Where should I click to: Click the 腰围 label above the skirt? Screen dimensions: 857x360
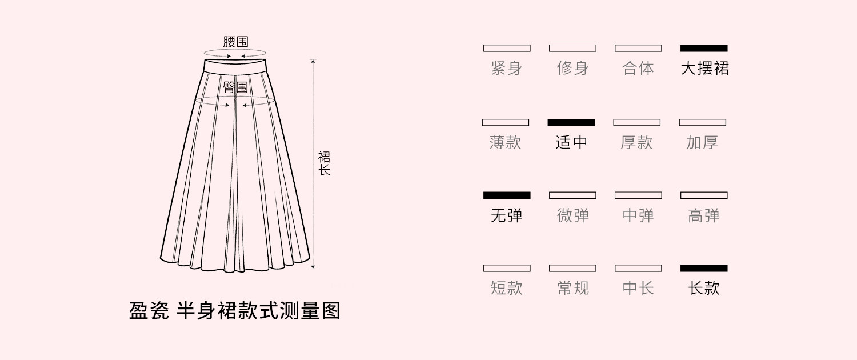pos(235,42)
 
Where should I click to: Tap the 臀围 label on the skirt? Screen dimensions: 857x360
pos(235,87)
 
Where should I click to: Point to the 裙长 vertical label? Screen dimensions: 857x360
pos(324,163)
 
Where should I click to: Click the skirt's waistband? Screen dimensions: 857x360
pos(235,66)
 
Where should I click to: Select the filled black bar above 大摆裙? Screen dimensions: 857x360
pos(704,48)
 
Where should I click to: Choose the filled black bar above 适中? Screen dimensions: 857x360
pos(571,122)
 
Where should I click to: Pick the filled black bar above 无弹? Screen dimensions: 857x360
pos(507,195)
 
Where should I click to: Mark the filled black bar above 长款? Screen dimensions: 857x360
pos(704,268)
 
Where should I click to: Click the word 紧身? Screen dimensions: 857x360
pos(507,68)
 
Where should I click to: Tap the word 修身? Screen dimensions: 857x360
pos(572,68)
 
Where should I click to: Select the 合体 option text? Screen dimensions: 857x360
pos(638,68)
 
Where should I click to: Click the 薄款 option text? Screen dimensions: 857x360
pos(506,142)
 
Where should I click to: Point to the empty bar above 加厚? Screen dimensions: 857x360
pos(702,122)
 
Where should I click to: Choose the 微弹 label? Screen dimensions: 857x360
pos(572,215)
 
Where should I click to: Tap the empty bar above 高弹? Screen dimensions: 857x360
pos(704,195)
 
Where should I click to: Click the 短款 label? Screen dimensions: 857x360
pos(507,288)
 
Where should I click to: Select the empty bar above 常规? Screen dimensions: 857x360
pos(572,268)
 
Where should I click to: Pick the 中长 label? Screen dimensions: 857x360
pos(638,288)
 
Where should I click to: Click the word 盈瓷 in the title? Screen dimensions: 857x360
pos(149,310)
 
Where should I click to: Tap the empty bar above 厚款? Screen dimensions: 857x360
pos(637,122)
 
